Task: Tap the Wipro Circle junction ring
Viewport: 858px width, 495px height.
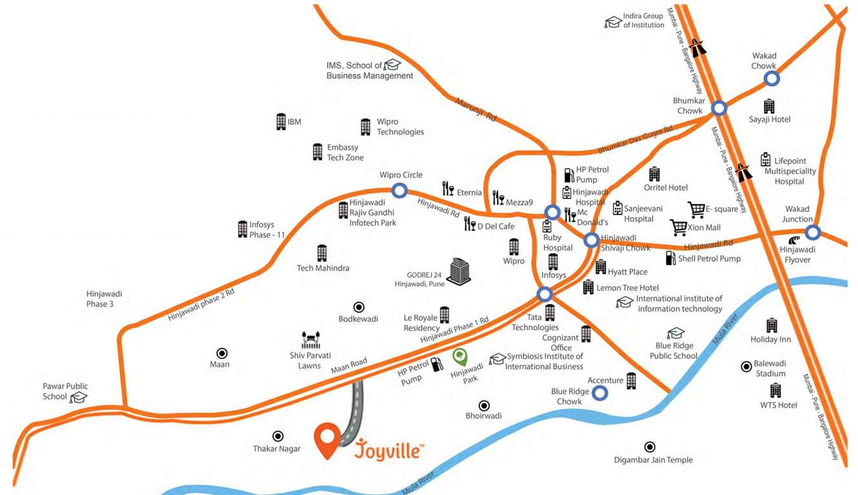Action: pyautogui.click(x=400, y=190)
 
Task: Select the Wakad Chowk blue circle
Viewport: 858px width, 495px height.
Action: pyautogui.click(x=772, y=79)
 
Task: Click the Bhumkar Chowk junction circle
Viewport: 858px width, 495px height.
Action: pyautogui.click(x=719, y=108)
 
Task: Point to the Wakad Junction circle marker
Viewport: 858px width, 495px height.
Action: pyautogui.click(x=812, y=232)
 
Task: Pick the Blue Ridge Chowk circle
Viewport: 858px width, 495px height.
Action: pyautogui.click(x=600, y=392)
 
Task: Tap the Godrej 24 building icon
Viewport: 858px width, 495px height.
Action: pyautogui.click(x=459, y=272)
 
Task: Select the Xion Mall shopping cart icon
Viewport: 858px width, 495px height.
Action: pyautogui.click(x=678, y=228)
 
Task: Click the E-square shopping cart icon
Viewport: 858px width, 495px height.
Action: pyautogui.click(x=696, y=209)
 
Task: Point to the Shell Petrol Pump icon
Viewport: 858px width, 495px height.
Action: pyautogui.click(x=670, y=258)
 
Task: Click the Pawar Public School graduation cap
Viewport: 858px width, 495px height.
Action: pyautogui.click(x=78, y=397)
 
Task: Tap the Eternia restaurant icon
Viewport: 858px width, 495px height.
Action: pyautogui.click(x=448, y=189)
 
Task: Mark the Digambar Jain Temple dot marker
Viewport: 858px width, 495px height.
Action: pyautogui.click(x=650, y=447)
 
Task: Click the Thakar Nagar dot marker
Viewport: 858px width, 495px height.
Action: pyautogui.click(x=278, y=436)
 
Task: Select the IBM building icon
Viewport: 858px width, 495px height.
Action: pyautogui.click(x=281, y=122)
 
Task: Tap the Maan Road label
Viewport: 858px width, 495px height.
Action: pyautogui.click(x=349, y=365)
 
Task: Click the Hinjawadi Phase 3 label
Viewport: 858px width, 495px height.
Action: pyautogui.click(x=104, y=298)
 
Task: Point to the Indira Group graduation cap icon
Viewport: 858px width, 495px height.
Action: pyautogui.click(x=613, y=23)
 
